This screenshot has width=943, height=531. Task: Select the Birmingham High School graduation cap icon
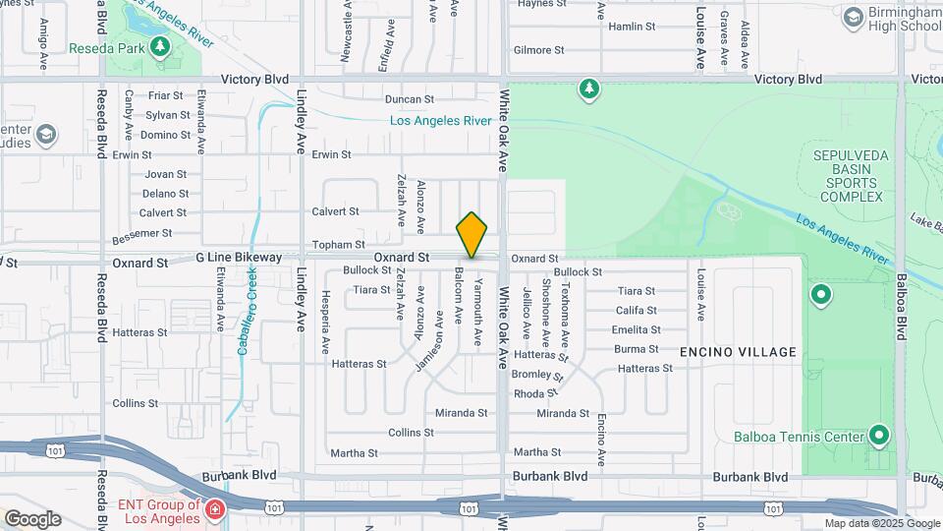(853, 17)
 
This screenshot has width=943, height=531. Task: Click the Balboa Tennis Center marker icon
(879, 436)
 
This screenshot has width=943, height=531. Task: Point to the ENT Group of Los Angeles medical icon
(213, 508)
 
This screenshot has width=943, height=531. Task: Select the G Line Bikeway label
(239, 258)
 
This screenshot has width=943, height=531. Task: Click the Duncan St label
(409, 99)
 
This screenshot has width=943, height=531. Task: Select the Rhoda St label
(535, 393)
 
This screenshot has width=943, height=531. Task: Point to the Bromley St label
(538, 375)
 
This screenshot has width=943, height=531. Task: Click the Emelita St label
(636, 330)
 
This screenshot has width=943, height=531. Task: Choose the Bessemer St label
(142, 234)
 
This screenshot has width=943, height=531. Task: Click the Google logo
(32, 519)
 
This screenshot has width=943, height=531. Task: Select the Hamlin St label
(633, 28)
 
